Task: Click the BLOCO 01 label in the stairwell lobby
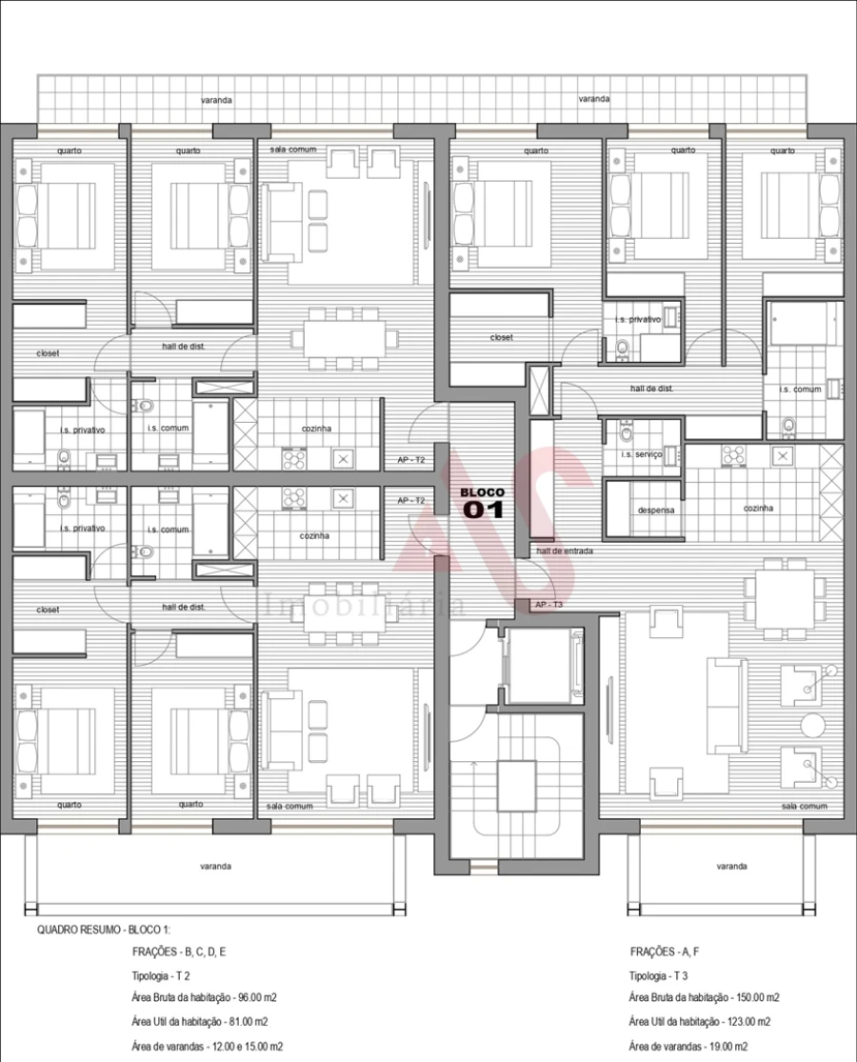pos(482,503)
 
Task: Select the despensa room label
pos(655,511)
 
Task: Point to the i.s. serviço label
pos(641,455)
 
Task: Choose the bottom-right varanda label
pos(731,867)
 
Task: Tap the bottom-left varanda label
pos(216,867)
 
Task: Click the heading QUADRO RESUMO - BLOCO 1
pos(104,929)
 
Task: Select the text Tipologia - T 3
pos(662,975)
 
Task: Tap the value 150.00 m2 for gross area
pos(754,998)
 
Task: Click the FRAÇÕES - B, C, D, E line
pos(179,952)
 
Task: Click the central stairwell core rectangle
pos(517,784)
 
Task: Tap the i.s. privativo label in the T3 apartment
pos(638,320)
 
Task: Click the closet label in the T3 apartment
pos(502,337)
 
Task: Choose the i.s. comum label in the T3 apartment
pos(800,390)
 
